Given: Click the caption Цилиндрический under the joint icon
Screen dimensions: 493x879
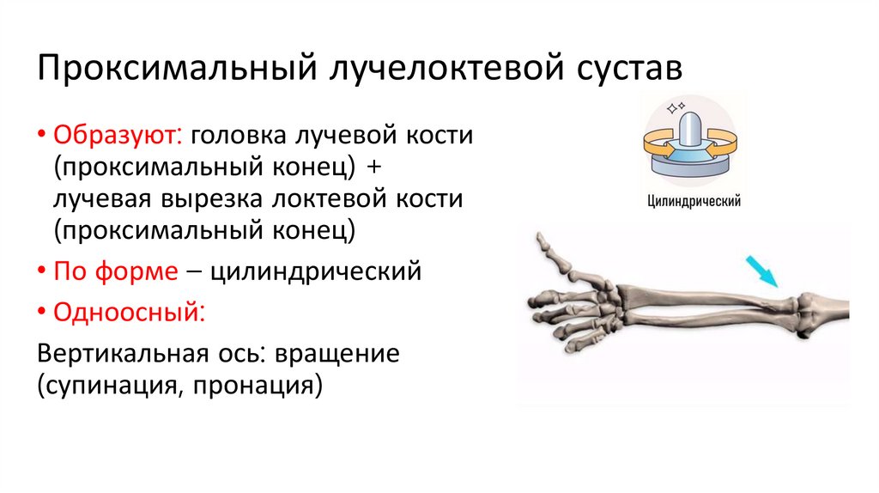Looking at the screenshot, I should pyautogui.click(x=694, y=202).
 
